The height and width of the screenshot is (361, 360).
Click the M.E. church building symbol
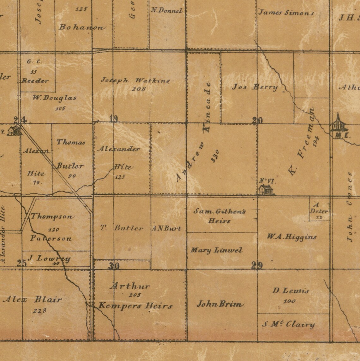click(x=339, y=124)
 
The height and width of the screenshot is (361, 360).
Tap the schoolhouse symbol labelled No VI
click(x=266, y=190)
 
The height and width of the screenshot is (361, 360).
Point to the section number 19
click(x=114, y=119)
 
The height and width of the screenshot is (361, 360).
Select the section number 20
click(x=257, y=120)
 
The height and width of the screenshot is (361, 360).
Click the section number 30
click(x=114, y=266)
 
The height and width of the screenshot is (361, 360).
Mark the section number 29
click(x=257, y=266)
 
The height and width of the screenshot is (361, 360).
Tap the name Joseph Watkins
click(x=135, y=81)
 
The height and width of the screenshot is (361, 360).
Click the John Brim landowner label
click(x=220, y=304)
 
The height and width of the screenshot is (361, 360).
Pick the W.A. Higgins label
click(x=291, y=237)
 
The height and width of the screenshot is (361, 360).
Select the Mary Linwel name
click(x=216, y=250)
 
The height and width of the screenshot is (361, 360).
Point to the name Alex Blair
click(x=32, y=299)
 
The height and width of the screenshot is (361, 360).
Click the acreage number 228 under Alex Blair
click(x=39, y=311)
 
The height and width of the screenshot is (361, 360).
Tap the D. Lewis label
click(x=291, y=291)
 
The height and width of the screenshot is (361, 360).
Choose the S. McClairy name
click(x=288, y=324)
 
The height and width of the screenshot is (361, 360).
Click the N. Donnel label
click(x=167, y=10)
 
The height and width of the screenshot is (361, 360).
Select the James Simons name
click(x=286, y=13)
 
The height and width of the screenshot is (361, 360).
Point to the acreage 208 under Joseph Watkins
click(x=139, y=89)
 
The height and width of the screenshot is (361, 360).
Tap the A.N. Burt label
click(x=166, y=229)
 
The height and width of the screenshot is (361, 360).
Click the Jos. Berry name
click(x=255, y=87)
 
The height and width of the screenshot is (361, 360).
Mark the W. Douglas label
click(x=55, y=98)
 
